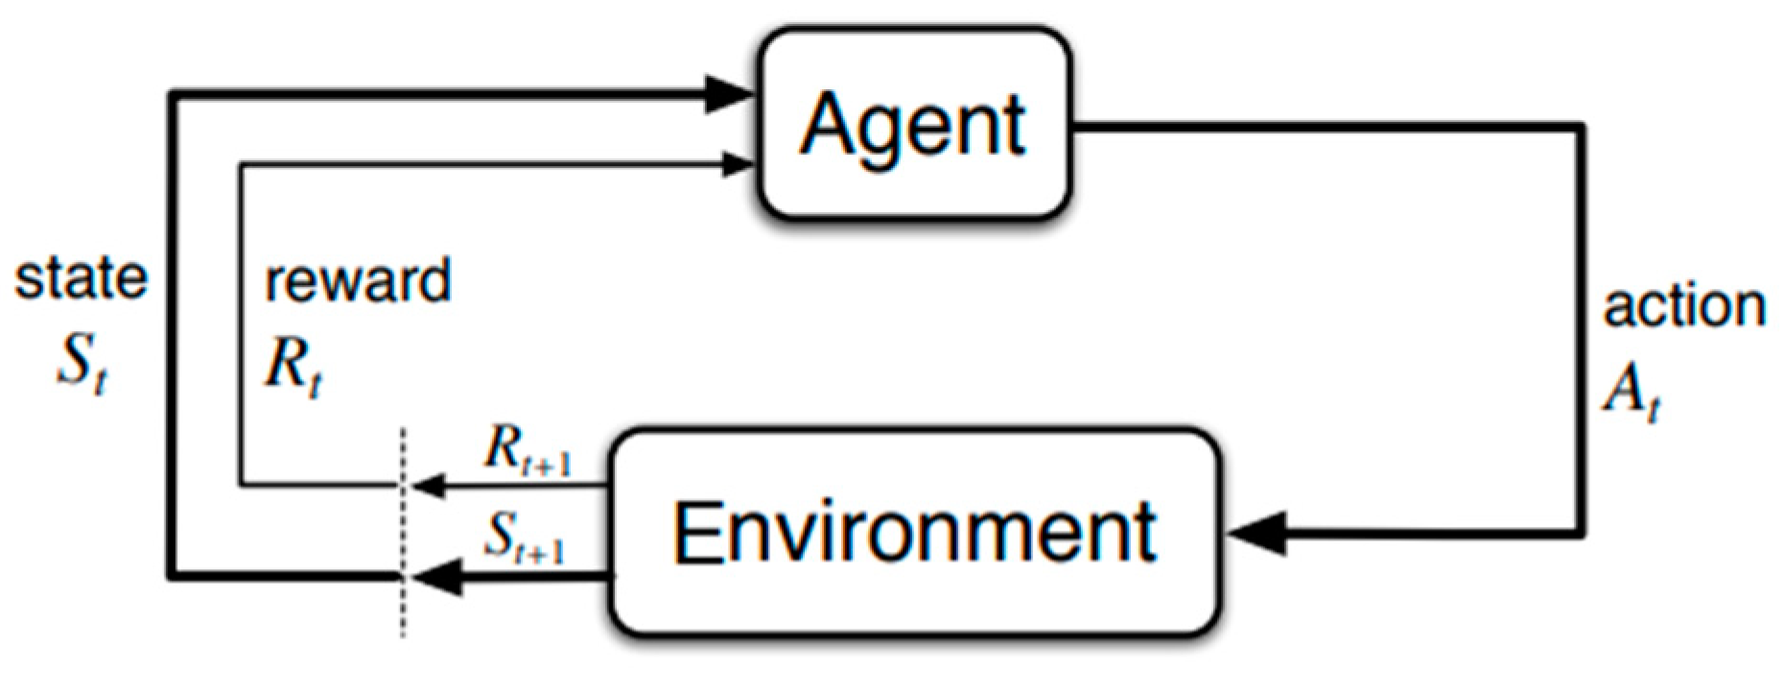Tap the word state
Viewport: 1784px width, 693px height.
tap(82, 279)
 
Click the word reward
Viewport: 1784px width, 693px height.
tap(358, 281)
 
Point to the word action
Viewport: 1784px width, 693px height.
tap(1684, 307)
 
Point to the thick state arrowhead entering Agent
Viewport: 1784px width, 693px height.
tap(728, 94)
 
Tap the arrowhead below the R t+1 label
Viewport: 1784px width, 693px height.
tap(429, 485)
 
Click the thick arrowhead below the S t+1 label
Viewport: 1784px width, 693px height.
tap(436, 577)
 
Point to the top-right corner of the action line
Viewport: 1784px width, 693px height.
tap(1580, 127)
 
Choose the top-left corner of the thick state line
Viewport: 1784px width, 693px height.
tap(172, 94)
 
